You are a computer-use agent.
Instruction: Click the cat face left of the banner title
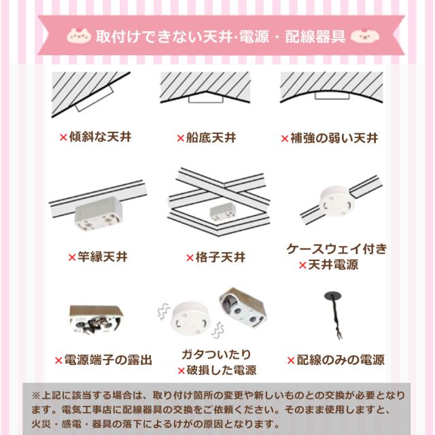click(x=79, y=36)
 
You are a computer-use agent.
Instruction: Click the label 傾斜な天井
click(x=100, y=137)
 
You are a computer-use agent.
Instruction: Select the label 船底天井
click(x=211, y=137)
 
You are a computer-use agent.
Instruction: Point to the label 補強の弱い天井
click(x=334, y=138)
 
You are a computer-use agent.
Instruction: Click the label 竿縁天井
click(x=103, y=257)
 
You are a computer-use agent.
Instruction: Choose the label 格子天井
click(x=220, y=258)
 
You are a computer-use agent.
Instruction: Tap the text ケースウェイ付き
click(x=337, y=249)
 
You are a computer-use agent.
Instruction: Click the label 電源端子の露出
click(x=108, y=360)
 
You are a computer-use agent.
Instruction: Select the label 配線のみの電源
click(x=341, y=360)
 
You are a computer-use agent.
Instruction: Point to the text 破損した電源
click(x=222, y=370)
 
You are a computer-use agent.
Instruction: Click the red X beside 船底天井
click(x=181, y=138)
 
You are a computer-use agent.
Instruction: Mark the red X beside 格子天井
click(x=190, y=258)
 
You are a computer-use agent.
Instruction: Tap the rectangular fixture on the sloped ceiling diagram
click(x=94, y=99)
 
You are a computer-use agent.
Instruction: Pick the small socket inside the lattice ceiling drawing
click(x=223, y=211)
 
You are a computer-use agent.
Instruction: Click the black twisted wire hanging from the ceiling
click(x=334, y=315)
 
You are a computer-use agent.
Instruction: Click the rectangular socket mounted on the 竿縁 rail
click(x=99, y=213)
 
